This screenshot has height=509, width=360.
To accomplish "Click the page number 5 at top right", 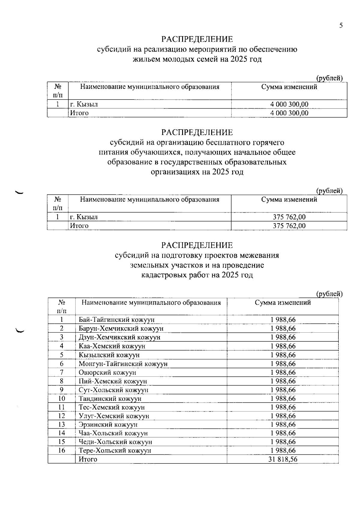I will tap(341, 25).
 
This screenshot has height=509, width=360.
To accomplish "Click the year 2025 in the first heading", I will tap(239, 59).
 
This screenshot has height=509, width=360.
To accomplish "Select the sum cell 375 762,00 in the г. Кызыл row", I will tap(289, 217).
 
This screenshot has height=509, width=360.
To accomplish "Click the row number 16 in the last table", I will tap(61, 451).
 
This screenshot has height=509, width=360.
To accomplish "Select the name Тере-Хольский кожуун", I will tap(115, 451).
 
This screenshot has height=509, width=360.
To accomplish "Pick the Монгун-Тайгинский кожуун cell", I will tap(123, 364).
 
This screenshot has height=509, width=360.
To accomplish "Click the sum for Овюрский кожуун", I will tap(283, 373).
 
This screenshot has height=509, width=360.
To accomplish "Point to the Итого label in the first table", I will tap(79, 113).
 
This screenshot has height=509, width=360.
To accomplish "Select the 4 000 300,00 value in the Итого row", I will tap(289, 113).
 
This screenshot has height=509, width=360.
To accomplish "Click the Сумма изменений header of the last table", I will tap(283, 303).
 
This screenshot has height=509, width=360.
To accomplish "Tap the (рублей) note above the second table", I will tap(329, 191).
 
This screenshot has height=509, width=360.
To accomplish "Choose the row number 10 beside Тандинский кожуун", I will tap(61, 399).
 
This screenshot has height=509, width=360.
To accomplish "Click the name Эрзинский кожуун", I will tap(108, 425).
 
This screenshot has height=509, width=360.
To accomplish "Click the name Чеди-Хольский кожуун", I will tap(115, 442).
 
